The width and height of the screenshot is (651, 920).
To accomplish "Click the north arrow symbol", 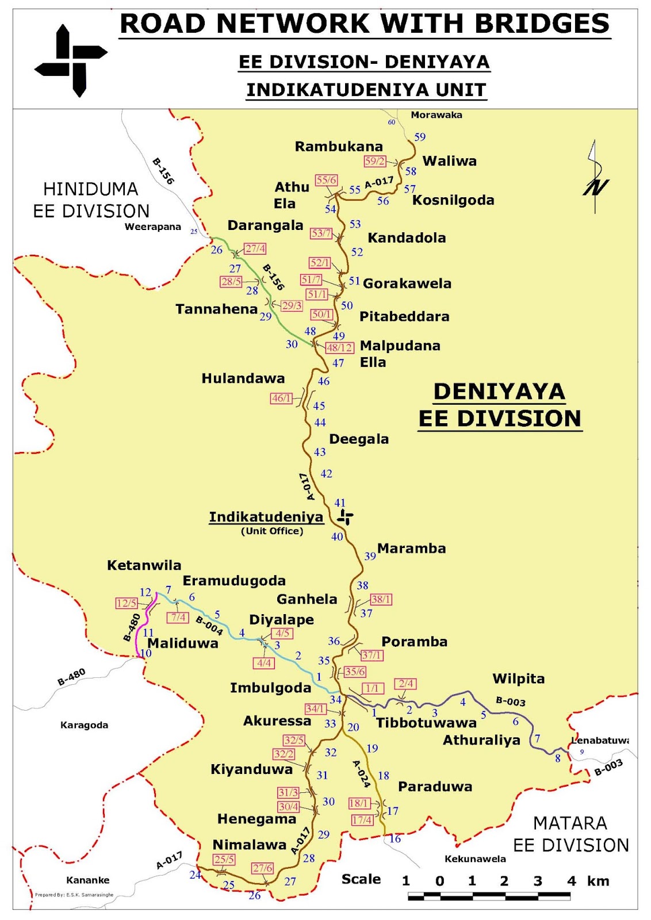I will (596, 178).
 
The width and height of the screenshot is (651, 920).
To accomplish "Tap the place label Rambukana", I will (339, 147).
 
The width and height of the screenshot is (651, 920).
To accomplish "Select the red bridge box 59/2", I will (374, 162).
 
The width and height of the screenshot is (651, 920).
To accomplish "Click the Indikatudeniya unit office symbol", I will (345, 517).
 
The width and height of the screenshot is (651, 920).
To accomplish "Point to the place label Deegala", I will (359, 439).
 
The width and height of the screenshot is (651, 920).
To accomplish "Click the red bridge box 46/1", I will (281, 398).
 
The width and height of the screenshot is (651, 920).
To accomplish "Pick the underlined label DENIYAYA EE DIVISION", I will (499, 405).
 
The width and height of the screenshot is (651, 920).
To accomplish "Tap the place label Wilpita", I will (518, 679).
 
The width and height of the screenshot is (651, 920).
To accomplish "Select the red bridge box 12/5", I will (127, 603).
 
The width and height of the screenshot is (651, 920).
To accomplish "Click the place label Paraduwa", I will (435, 787).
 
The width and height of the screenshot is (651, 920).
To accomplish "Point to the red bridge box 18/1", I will (359, 803).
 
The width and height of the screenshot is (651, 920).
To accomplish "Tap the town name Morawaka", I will (436, 115).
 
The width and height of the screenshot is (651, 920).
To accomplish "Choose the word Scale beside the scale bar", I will (361, 879).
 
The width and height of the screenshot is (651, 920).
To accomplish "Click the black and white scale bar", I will (489, 896).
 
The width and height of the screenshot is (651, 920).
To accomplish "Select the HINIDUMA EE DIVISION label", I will (91, 200).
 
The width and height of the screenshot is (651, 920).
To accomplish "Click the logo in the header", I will (71, 60).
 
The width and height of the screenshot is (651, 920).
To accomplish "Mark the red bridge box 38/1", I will (381, 600).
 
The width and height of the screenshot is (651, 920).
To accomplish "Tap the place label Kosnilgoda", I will (453, 201).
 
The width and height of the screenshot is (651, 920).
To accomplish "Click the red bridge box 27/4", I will (255, 249).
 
